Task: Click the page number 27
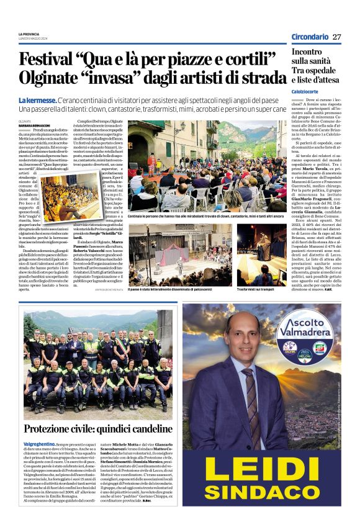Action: pyautogui.click(x=336, y=37)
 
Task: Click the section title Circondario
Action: pyautogui.click(x=310, y=37)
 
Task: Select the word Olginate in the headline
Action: pyautogui.click(x=52, y=79)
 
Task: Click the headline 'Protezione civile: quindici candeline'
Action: pyautogui.click(x=97, y=430)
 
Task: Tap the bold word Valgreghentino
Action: pyautogui.click(x=37, y=445)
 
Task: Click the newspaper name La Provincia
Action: pyautogui.click(x=29, y=34)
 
